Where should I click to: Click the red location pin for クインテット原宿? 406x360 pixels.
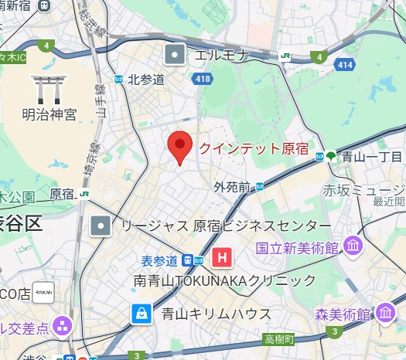(x=180, y=146)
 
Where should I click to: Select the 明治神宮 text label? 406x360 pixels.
(x=49, y=115)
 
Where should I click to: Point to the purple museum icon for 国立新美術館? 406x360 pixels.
(x=354, y=247)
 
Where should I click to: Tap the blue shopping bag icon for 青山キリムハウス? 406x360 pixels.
(x=142, y=314)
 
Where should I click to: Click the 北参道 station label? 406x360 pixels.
(x=146, y=80)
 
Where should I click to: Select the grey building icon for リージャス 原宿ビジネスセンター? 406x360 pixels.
(x=101, y=226)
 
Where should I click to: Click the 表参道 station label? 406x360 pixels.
(x=160, y=259)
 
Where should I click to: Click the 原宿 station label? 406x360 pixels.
(x=61, y=192)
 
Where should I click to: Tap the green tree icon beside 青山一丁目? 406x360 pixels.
(x=331, y=155)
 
